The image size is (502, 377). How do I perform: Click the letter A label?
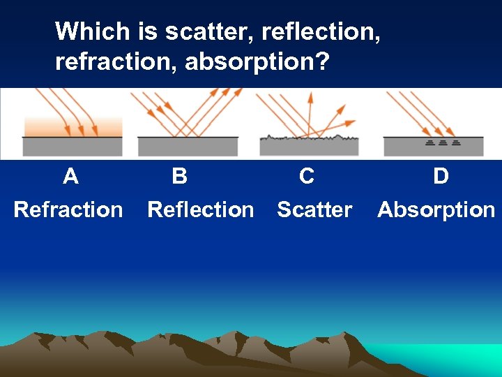(x=70, y=176)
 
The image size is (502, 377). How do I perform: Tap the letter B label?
(x=179, y=176)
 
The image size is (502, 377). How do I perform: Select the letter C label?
(x=306, y=176)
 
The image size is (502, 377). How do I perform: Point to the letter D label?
(x=441, y=176)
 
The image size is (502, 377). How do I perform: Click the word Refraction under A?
(x=68, y=209)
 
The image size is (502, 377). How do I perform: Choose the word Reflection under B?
(x=201, y=209)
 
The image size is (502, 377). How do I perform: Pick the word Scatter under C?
(x=314, y=209)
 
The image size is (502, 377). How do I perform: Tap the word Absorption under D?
(x=436, y=209)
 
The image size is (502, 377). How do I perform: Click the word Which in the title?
(x=93, y=31)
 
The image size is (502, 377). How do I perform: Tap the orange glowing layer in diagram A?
(x=73, y=126)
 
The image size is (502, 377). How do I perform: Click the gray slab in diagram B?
(x=188, y=146)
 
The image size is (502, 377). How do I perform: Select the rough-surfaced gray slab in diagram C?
(x=309, y=147)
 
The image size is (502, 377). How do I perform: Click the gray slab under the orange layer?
(x=73, y=146)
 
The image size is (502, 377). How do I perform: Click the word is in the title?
(x=149, y=31)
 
